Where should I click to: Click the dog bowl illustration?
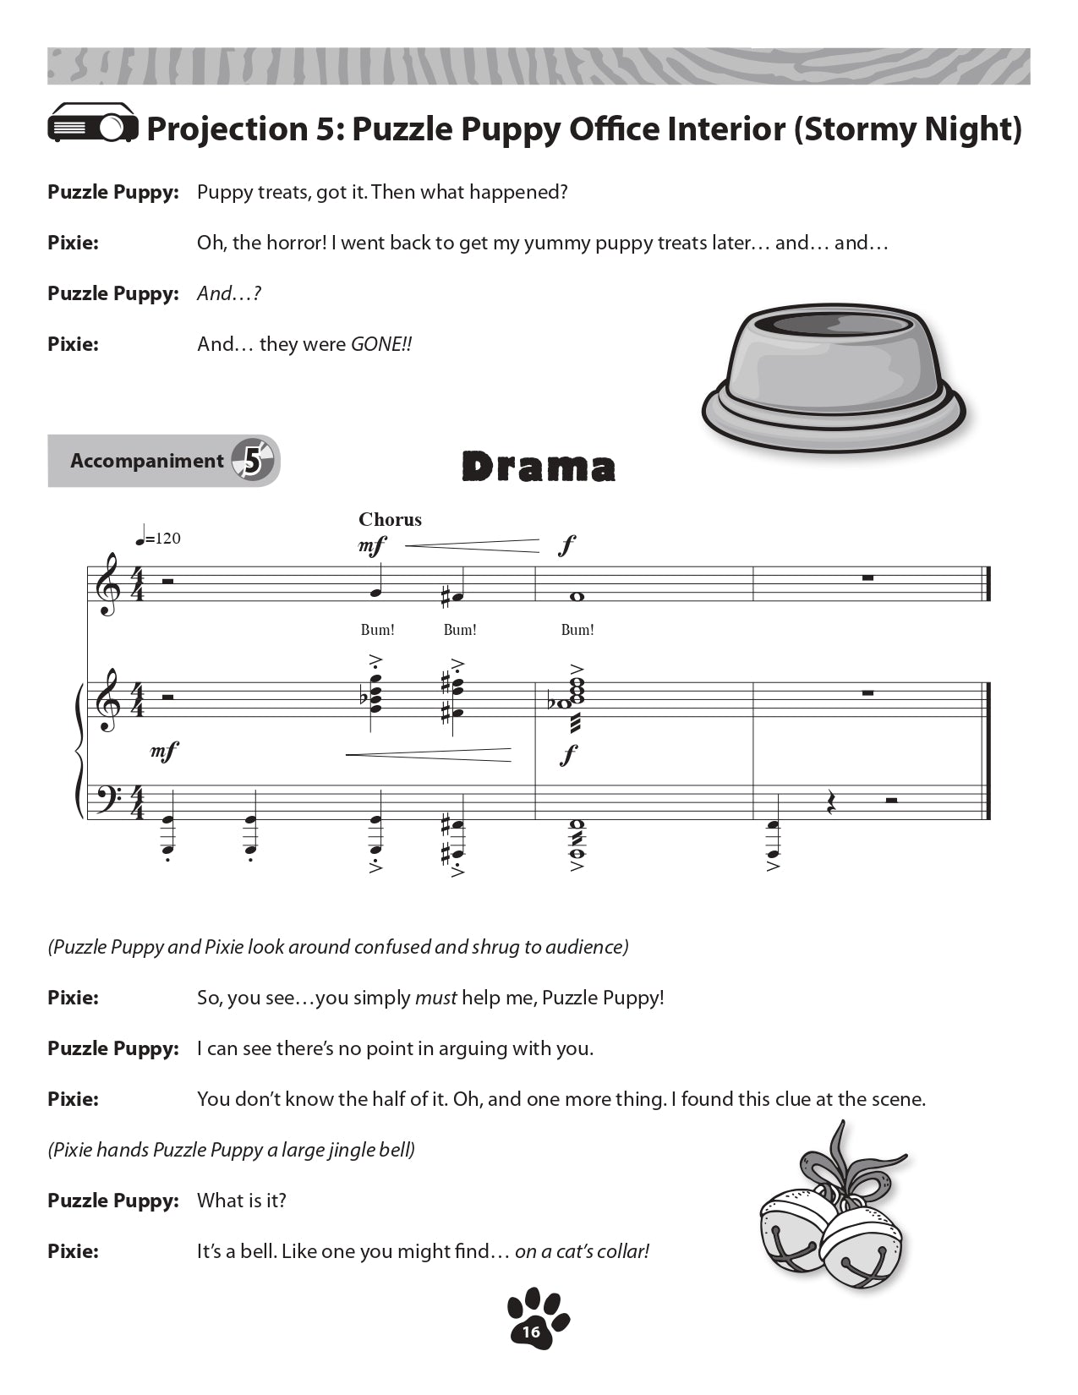pyautogui.click(x=834, y=377)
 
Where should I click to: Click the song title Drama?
pyautogui.click(x=539, y=467)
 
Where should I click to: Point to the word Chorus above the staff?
pyautogui.click(x=390, y=519)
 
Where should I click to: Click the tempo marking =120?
pyautogui.click(x=158, y=539)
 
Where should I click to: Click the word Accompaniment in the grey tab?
pyautogui.click(x=146, y=461)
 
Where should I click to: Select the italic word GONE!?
pyautogui.click(x=380, y=344)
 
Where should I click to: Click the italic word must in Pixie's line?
pyautogui.click(x=435, y=998)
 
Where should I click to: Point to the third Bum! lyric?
pyautogui.click(x=577, y=630)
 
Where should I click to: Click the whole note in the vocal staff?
pyautogui.click(x=577, y=596)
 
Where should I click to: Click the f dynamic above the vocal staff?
pyautogui.click(x=566, y=545)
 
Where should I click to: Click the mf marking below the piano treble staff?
pyautogui.click(x=165, y=751)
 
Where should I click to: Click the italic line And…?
pyautogui.click(x=228, y=293)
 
